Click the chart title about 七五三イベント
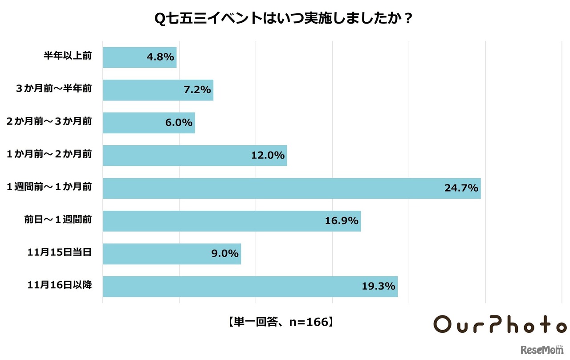click(x=285, y=20)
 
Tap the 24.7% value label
click(x=461, y=188)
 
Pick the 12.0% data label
click(x=268, y=155)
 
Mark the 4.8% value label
click(x=160, y=57)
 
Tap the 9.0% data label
click(x=224, y=254)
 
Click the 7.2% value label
click(x=197, y=90)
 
